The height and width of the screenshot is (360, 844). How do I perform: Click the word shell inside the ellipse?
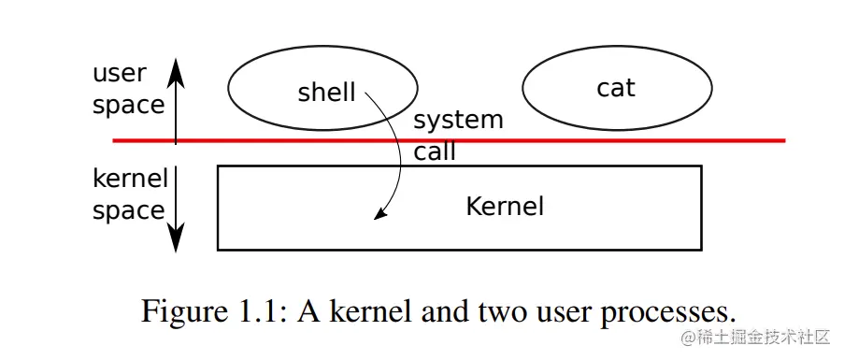pos(326,92)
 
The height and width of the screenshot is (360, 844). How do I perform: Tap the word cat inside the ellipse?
pos(615,88)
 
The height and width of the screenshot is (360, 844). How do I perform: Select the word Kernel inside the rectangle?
pos(505,206)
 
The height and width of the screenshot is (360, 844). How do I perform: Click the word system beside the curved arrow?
pos(458,121)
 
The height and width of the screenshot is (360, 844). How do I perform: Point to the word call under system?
pos(435,151)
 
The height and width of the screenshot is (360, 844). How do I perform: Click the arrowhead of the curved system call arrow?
pos(379,214)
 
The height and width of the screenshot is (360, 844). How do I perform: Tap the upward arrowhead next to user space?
pos(176,68)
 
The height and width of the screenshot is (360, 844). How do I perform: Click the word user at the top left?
pos(119,73)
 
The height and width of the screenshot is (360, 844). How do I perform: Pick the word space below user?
pos(128,105)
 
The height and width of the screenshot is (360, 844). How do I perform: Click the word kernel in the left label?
pos(130,178)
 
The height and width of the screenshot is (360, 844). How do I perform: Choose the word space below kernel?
pos(128,210)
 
